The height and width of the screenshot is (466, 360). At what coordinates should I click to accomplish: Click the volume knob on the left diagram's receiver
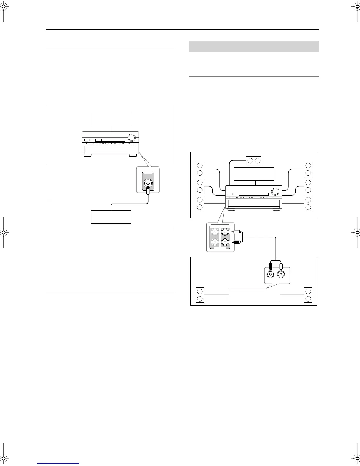click(132, 137)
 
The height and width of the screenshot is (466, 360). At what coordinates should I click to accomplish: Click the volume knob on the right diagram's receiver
click(275, 192)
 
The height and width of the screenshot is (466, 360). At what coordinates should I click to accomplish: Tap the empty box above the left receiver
click(111, 118)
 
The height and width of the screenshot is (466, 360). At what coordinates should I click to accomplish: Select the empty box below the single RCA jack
click(111, 217)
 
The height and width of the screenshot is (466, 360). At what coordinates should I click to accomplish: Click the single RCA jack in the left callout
click(148, 184)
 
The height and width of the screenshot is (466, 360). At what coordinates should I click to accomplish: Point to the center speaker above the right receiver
click(253, 160)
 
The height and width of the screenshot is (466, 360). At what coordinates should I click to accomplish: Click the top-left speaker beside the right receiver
click(200, 169)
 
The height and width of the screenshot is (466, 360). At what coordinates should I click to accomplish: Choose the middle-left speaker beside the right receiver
click(200, 186)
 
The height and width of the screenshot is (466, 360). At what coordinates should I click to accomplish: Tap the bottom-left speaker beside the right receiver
click(200, 203)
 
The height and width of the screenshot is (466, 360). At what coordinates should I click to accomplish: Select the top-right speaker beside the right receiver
click(308, 169)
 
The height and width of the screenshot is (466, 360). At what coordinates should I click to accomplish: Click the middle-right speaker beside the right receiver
click(308, 186)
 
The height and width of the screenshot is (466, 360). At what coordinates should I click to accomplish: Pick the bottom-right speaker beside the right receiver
click(308, 203)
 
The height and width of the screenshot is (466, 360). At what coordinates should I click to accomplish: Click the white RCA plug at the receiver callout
click(236, 232)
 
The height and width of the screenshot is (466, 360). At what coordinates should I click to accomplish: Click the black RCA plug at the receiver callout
click(236, 242)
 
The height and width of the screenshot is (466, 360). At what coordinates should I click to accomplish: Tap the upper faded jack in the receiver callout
click(214, 232)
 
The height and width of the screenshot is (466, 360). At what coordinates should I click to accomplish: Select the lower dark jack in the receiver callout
click(225, 242)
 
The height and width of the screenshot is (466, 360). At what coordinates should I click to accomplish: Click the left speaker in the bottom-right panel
click(200, 295)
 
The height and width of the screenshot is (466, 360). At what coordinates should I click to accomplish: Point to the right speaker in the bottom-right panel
click(308, 295)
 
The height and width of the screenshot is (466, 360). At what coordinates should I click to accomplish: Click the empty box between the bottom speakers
click(254, 295)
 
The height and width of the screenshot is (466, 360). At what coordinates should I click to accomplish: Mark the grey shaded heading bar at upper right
click(254, 46)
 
